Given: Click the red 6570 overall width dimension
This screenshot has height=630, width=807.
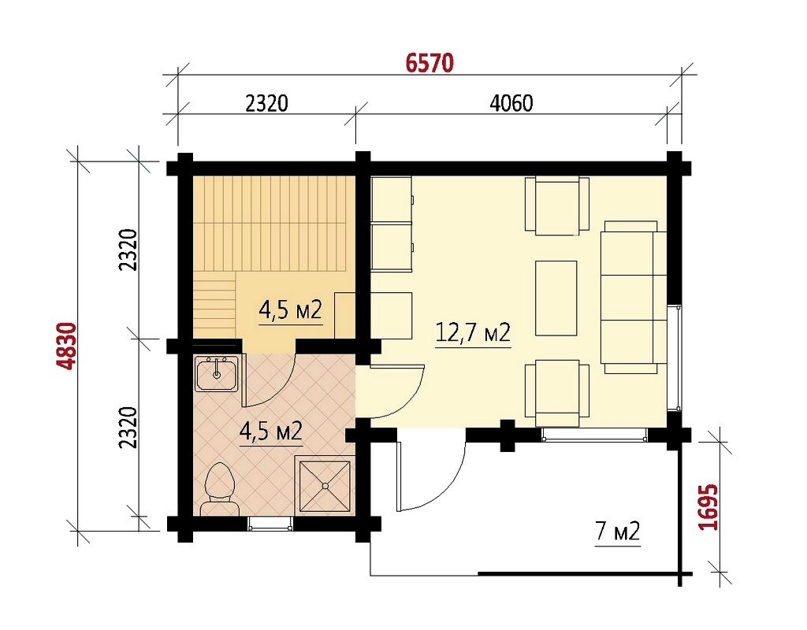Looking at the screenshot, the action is click(430, 63).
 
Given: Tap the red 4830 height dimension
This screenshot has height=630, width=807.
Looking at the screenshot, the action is click(68, 346).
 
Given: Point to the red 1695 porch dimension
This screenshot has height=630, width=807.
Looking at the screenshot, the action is click(708, 506).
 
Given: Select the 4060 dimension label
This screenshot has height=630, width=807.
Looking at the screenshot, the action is click(511, 103).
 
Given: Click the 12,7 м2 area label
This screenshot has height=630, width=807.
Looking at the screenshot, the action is click(473, 333).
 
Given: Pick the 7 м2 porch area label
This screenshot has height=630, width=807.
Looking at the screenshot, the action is click(618, 531).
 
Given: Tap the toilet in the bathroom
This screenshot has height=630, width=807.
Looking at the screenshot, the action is click(220, 488).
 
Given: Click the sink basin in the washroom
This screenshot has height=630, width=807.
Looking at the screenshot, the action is click(216, 373).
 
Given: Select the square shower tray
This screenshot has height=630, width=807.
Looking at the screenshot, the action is click(325, 485).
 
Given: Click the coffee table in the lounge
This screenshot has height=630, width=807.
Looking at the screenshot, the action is click(556, 298).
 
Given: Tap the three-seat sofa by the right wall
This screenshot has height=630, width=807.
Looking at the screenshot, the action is click(634, 297).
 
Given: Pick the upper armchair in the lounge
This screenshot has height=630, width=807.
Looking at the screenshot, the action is click(557, 206).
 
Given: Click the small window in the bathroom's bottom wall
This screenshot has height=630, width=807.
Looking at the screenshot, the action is click(270, 524).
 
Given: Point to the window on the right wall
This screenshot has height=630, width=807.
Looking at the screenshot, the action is click(675, 358).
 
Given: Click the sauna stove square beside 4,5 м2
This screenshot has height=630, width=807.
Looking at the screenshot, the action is click(345, 315).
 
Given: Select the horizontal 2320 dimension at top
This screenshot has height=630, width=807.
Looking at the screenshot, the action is click(266, 103).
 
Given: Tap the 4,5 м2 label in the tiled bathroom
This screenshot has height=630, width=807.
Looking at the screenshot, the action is click(271, 432).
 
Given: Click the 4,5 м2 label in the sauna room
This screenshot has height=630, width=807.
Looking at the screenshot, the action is click(290, 310).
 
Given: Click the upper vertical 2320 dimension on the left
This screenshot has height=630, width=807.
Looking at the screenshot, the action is click(128, 250).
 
